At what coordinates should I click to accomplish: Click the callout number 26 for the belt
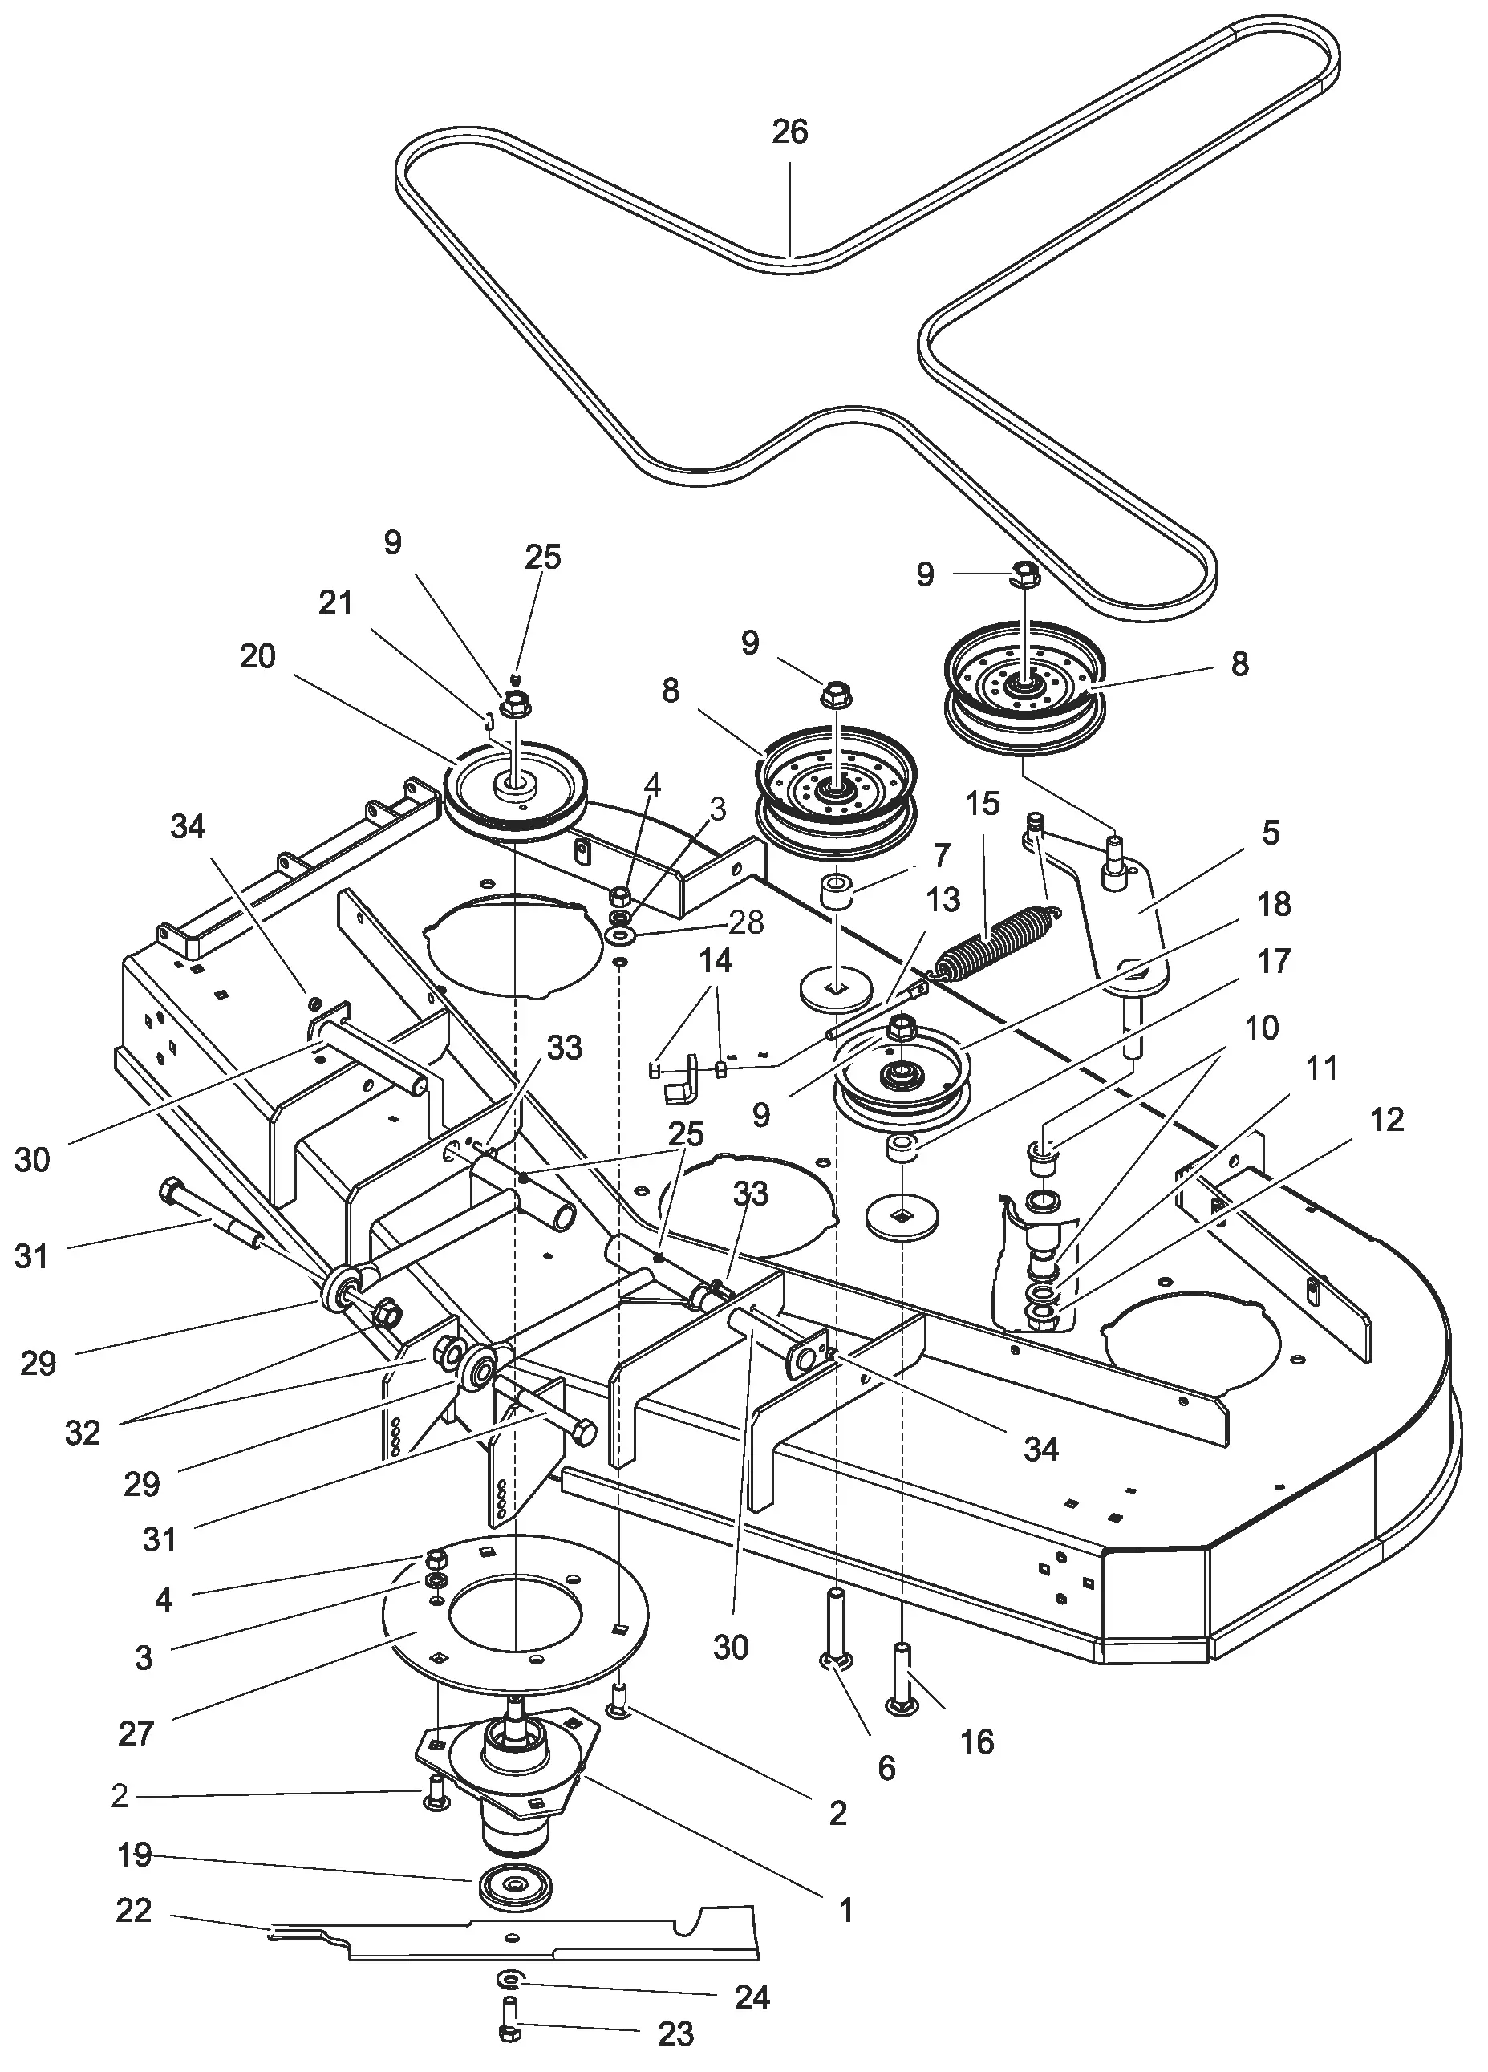pyautogui.click(x=789, y=132)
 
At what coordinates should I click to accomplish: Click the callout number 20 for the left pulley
pyautogui.click(x=257, y=655)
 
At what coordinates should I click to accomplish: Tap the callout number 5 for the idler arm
pyautogui.click(x=1271, y=833)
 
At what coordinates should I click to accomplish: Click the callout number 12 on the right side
pyautogui.click(x=1387, y=1119)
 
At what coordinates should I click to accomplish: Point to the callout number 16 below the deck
pyautogui.click(x=976, y=1742)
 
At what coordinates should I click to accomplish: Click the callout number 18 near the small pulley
pyautogui.click(x=1275, y=905)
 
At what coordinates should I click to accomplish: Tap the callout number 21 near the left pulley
pyautogui.click(x=335, y=603)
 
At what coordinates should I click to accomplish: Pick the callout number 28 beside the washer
pyautogui.click(x=746, y=922)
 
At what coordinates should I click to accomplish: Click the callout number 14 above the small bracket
pyautogui.click(x=716, y=961)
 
